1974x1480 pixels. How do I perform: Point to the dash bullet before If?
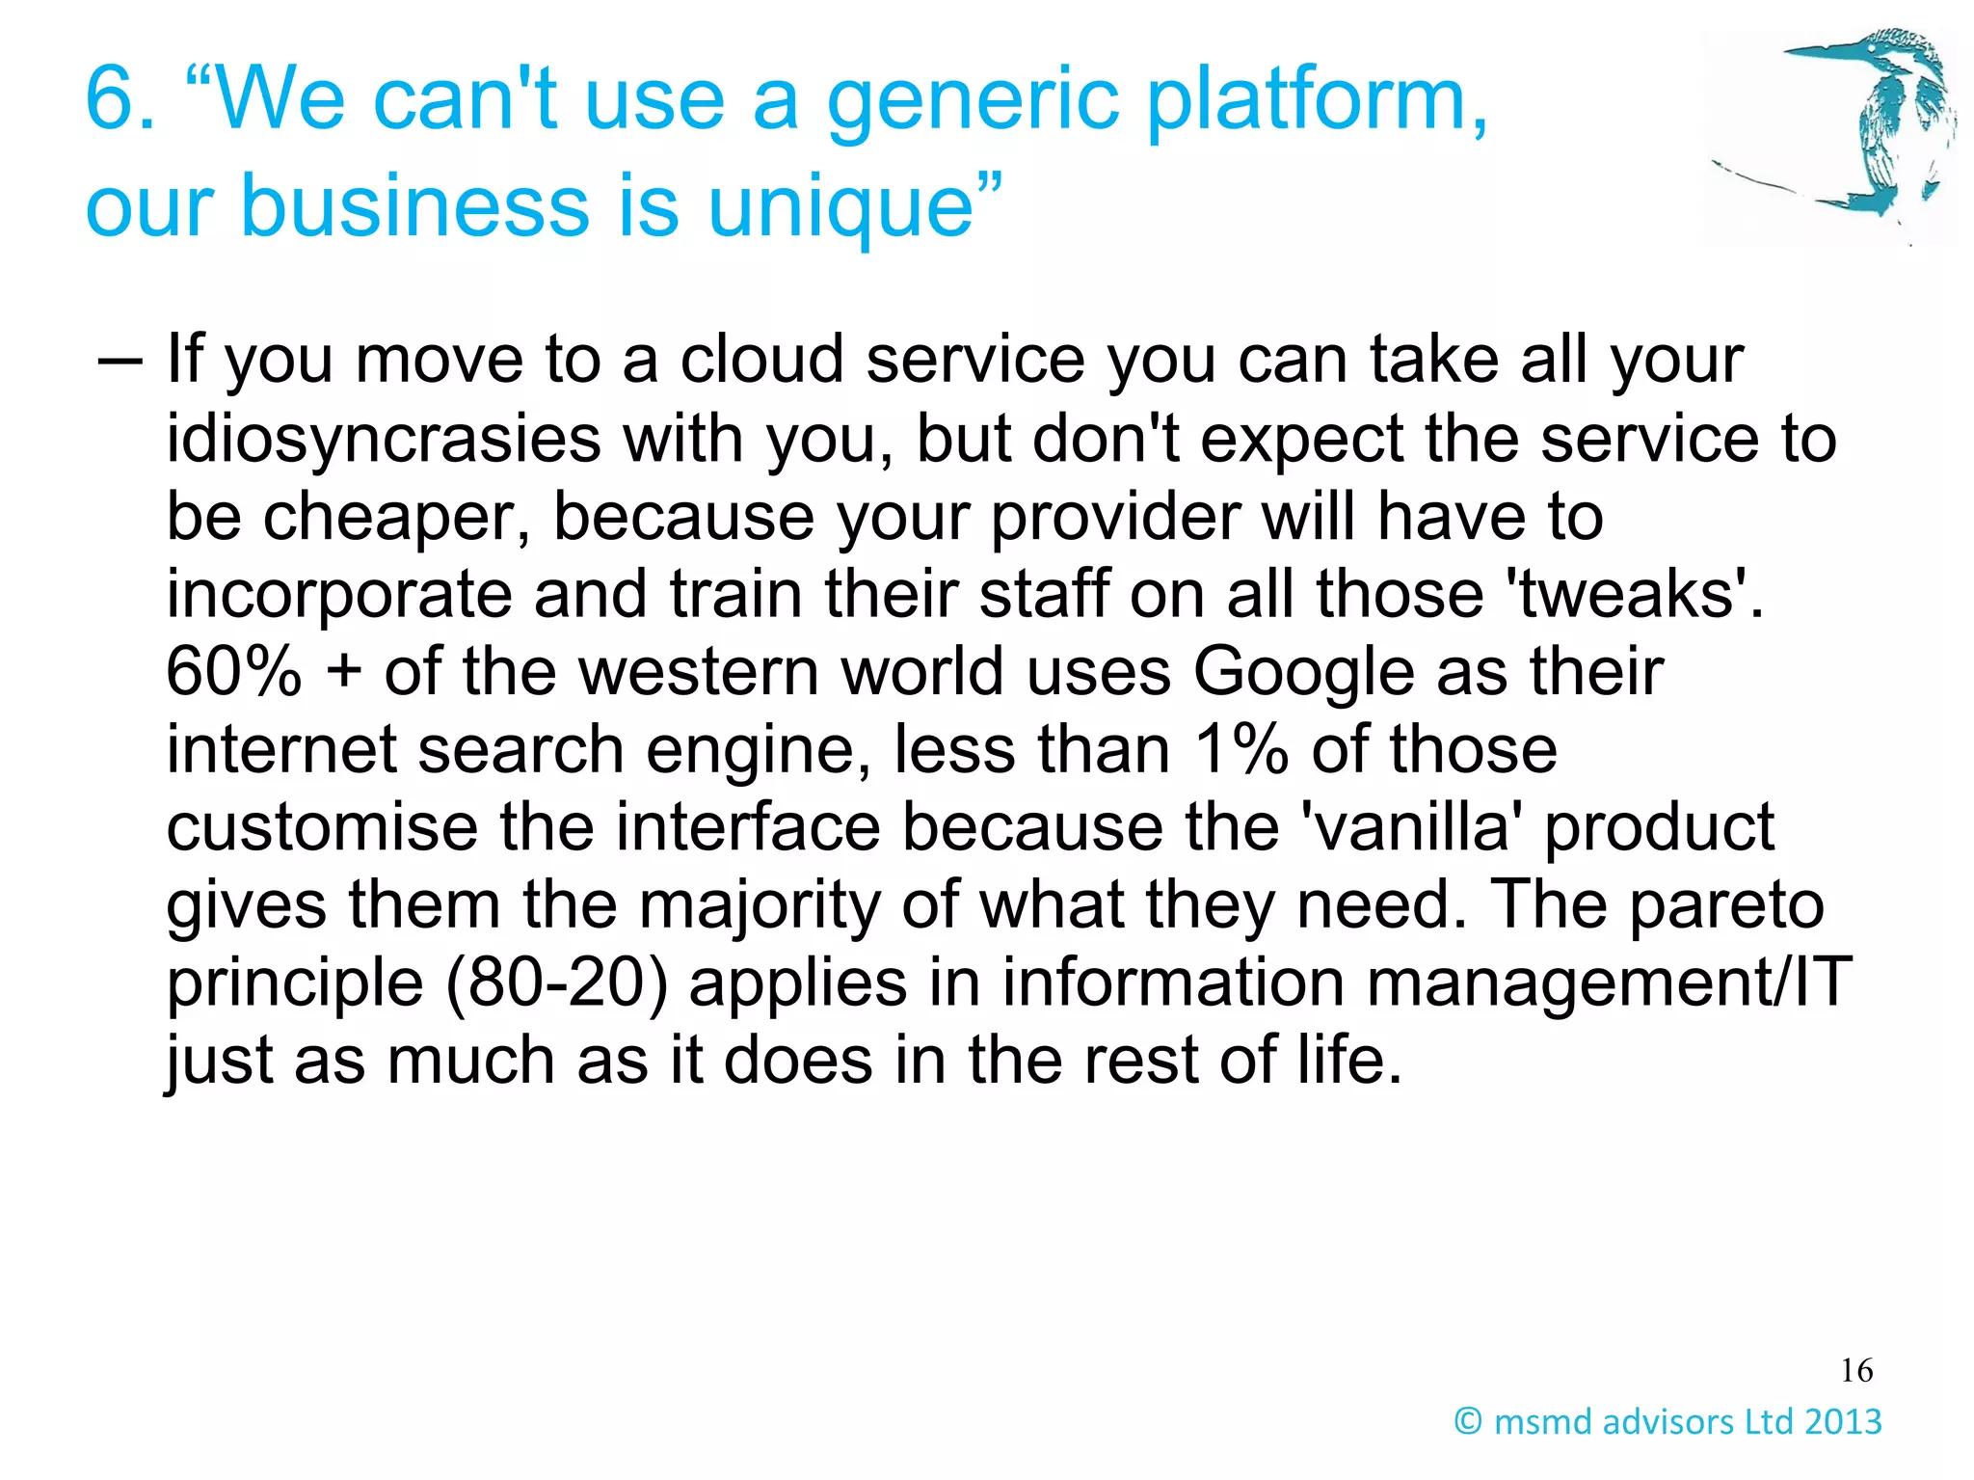pos(120,361)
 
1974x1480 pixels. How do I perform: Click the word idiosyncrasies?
pos(384,440)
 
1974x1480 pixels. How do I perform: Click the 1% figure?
pos(1240,750)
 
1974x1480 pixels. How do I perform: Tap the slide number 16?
pos(1856,1370)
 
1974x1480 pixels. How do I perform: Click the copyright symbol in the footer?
pos(1467,1421)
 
